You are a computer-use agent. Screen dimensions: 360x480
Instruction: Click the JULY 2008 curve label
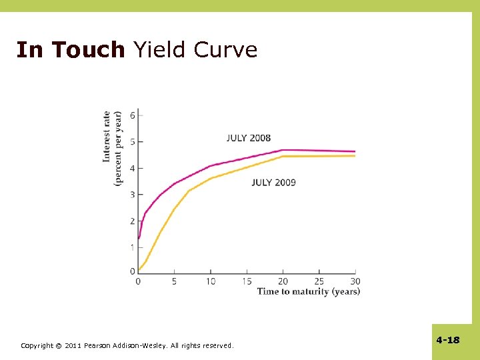(x=249, y=138)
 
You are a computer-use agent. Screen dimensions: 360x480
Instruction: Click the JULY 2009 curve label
(x=273, y=182)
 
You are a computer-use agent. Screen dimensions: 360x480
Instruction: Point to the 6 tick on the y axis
(x=132, y=115)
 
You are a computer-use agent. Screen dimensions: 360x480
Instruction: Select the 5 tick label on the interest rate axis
(x=132, y=142)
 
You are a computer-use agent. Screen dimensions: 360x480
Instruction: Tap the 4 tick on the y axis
(x=132, y=168)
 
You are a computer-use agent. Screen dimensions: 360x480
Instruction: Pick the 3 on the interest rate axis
(x=132, y=195)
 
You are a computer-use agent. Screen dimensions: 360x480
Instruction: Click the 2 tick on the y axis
(x=132, y=221)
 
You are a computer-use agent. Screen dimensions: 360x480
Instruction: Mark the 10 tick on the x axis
(x=211, y=281)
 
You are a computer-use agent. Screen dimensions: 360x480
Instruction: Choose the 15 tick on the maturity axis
(x=247, y=281)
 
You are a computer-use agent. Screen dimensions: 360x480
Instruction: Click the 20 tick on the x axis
(x=283, y=281)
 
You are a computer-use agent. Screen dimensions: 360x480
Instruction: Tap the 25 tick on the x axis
(x=319, y=281)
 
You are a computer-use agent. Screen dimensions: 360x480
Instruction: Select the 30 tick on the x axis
(x=355, y=281)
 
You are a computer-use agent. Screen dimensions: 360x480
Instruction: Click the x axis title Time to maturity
(x=308, y=291)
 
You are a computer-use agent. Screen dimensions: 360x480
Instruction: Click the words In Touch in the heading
(x=70, y=50)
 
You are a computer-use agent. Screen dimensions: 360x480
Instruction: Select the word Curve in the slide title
(x=225, y=50)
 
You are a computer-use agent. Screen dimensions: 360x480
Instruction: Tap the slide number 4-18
(x=448, y=340)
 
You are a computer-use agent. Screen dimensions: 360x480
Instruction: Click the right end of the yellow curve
(x=354, y=156)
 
